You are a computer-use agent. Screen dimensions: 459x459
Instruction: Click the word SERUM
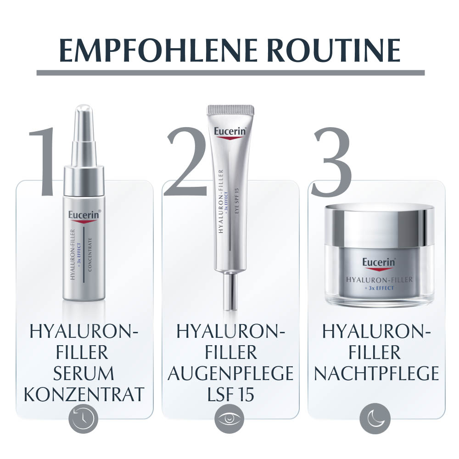coord(84,374)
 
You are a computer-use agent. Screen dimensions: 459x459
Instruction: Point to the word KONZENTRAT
coord(84,395)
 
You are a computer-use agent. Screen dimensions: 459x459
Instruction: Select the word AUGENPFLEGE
coord(230,374)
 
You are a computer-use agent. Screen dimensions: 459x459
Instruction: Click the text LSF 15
coord(230,395)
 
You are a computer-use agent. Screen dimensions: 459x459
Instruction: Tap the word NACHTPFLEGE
coord(376,374)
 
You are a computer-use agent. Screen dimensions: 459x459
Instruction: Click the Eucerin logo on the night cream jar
coord(379,263)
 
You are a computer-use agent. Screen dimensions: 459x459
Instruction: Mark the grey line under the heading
coord(230,73)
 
